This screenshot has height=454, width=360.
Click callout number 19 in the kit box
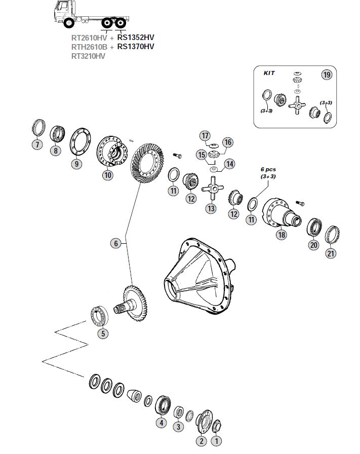[327, 75]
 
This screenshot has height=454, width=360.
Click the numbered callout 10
[107, 175]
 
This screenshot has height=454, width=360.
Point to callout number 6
[115, 244]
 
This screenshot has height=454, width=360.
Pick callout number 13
[211, 208]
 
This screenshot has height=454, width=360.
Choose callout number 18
[281, 234]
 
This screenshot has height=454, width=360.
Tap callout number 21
[331, 253]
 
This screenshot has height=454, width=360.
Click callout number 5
[103, 333]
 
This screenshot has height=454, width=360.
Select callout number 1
[216, 441]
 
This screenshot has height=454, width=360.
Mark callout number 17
[205, 136]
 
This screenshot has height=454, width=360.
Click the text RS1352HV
[135, 37]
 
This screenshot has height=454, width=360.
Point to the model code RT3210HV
[88, 56]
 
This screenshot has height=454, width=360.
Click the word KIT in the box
[269, 73]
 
